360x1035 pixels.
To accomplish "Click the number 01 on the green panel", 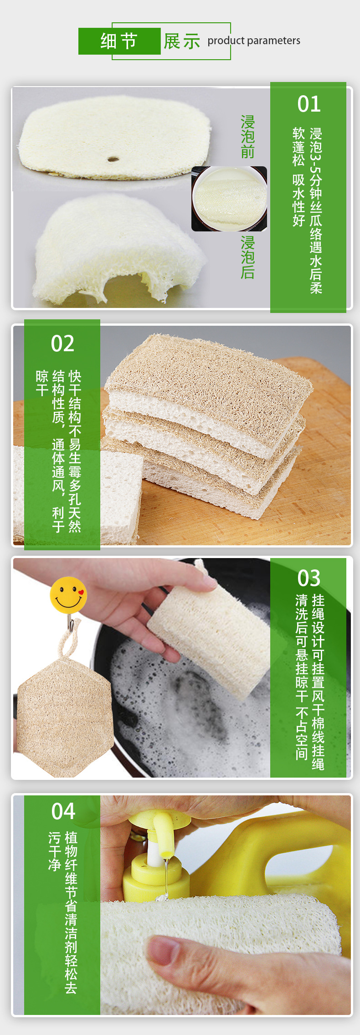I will coord(309,104).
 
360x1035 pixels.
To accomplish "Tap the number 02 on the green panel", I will coord(62,343).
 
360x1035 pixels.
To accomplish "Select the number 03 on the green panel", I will coord(309,578).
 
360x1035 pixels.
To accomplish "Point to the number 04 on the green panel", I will coord(63,811).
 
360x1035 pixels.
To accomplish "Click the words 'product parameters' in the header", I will coord(254,41).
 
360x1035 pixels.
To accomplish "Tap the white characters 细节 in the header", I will coord(119,41).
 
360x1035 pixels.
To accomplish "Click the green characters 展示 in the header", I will coord(182,41).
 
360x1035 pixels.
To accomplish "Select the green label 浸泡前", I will coord(247,137).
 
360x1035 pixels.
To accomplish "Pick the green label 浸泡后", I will coord(247,257).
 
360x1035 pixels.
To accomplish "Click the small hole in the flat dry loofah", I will coord(113,159).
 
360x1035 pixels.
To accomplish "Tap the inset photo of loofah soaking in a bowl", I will coord(229,199).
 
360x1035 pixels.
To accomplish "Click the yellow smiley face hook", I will coord(68,594).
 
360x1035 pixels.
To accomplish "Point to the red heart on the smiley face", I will coord(81,593).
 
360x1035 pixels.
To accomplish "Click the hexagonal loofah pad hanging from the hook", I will coord(64,715).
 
